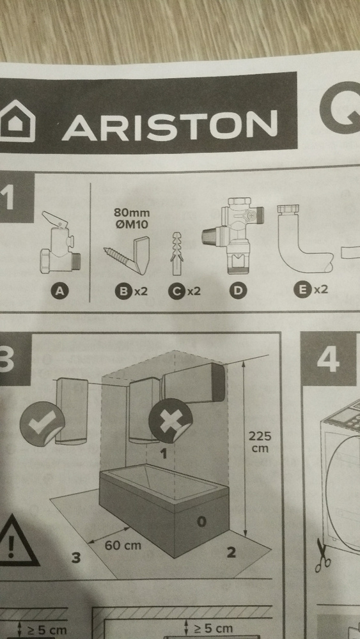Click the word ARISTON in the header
tap(169, 125)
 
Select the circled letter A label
tap(60, 291)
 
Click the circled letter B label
tap(122, 292)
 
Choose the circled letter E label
tap(301, 289)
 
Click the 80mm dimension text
tap(131, 213)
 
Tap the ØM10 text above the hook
tap(132, 224)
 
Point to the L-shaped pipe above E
tap(306, 240)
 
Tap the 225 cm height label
tap(260, 442)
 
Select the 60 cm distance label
tap(123, 545)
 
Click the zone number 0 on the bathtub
tap(201, 521)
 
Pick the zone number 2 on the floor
tap(231, 553)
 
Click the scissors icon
tap(322, 555)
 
